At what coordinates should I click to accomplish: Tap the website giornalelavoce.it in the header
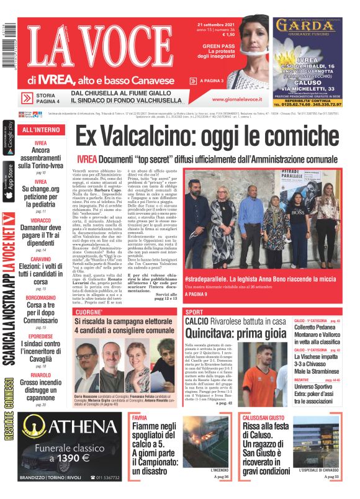(236, 99)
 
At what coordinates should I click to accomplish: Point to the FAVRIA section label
(140, 418)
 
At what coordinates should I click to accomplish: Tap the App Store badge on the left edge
(8, 181)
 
